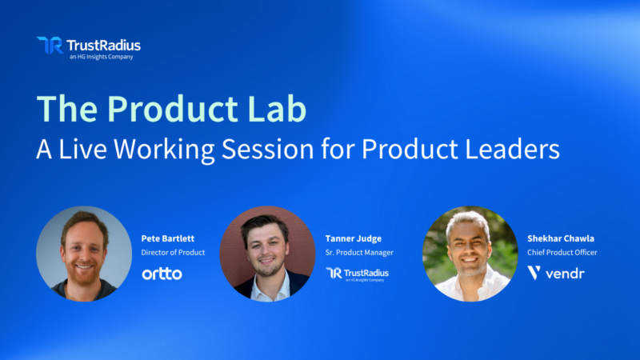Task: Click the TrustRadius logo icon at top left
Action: [x=49, y=45]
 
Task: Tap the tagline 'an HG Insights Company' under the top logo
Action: [x=102, y=57]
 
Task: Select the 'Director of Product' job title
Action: [x=174, y=253]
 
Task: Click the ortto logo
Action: [x=162, y=274]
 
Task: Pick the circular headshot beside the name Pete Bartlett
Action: [x=84, y=254]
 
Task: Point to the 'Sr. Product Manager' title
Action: [x=359, y=253]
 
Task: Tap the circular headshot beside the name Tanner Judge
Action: [x=267, y=254]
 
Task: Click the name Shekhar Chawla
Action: [x=560, y=238]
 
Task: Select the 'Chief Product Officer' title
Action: [x=562, y=253]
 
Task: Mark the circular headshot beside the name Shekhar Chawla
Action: [x=470, y=254]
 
